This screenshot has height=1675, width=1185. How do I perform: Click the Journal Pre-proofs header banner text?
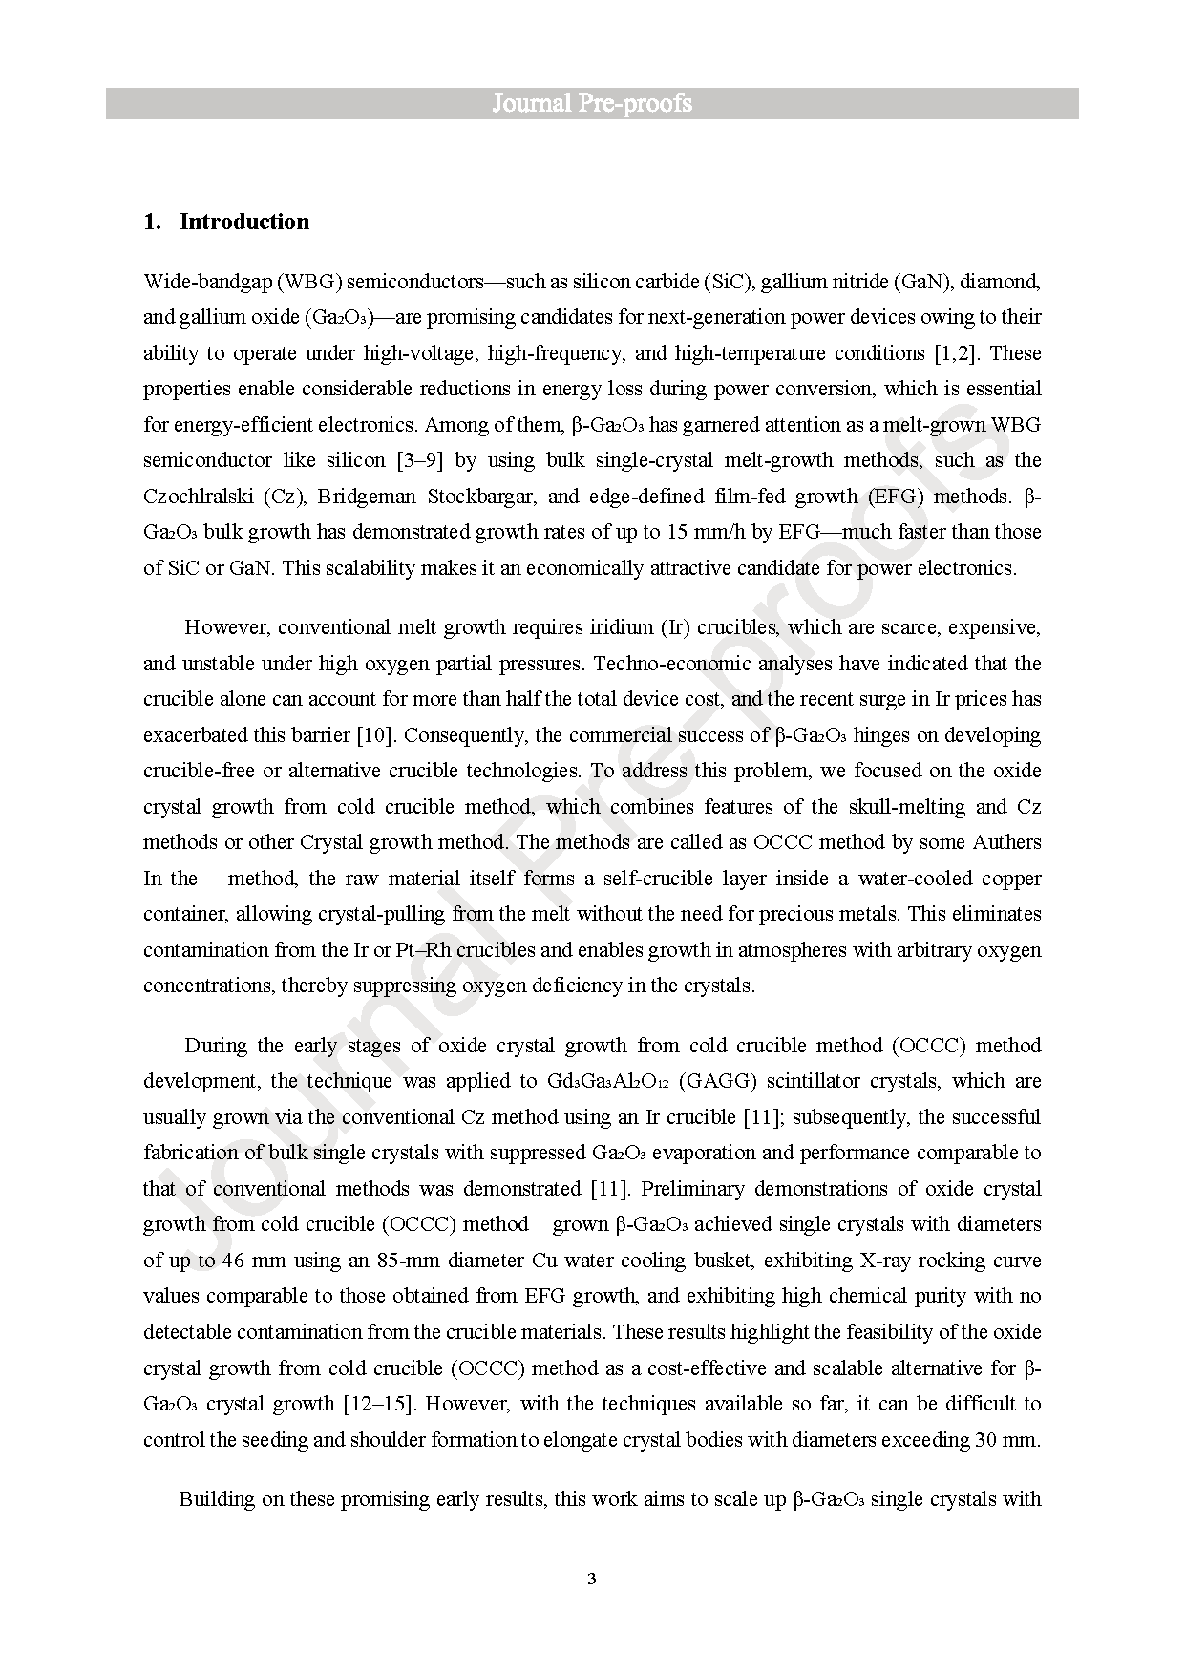point(592,103)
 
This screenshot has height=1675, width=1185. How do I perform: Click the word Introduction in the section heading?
point(244,222)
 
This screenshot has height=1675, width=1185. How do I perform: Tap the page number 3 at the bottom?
point(592,1578)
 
